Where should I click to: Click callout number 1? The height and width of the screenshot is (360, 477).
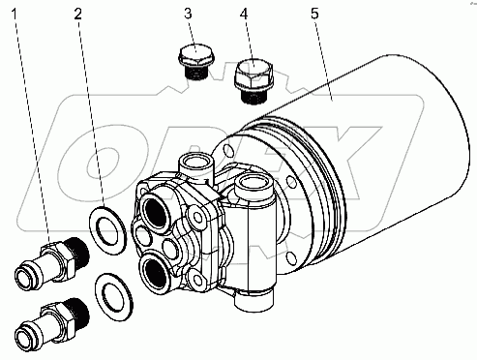click(14, 14)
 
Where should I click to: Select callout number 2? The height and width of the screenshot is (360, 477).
click(78, 14)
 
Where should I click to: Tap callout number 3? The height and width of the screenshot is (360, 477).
click(188, 14)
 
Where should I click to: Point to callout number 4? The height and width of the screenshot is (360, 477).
click(244, 14)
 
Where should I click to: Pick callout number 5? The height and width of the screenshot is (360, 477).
click(314, 14)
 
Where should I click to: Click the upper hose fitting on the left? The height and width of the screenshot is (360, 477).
click(52, 261)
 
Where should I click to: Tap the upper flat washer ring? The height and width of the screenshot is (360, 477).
click(107, 230)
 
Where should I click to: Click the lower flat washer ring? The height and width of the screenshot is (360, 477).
click(114, 297)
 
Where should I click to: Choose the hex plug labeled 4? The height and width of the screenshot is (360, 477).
click(253, 80)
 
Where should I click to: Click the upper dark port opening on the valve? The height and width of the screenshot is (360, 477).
click(157, 214)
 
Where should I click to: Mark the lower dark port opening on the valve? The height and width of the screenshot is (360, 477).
click(155, 271)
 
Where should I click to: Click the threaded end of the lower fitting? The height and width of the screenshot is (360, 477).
click(78, 314)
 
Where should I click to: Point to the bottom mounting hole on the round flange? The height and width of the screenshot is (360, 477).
click(291, 258)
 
